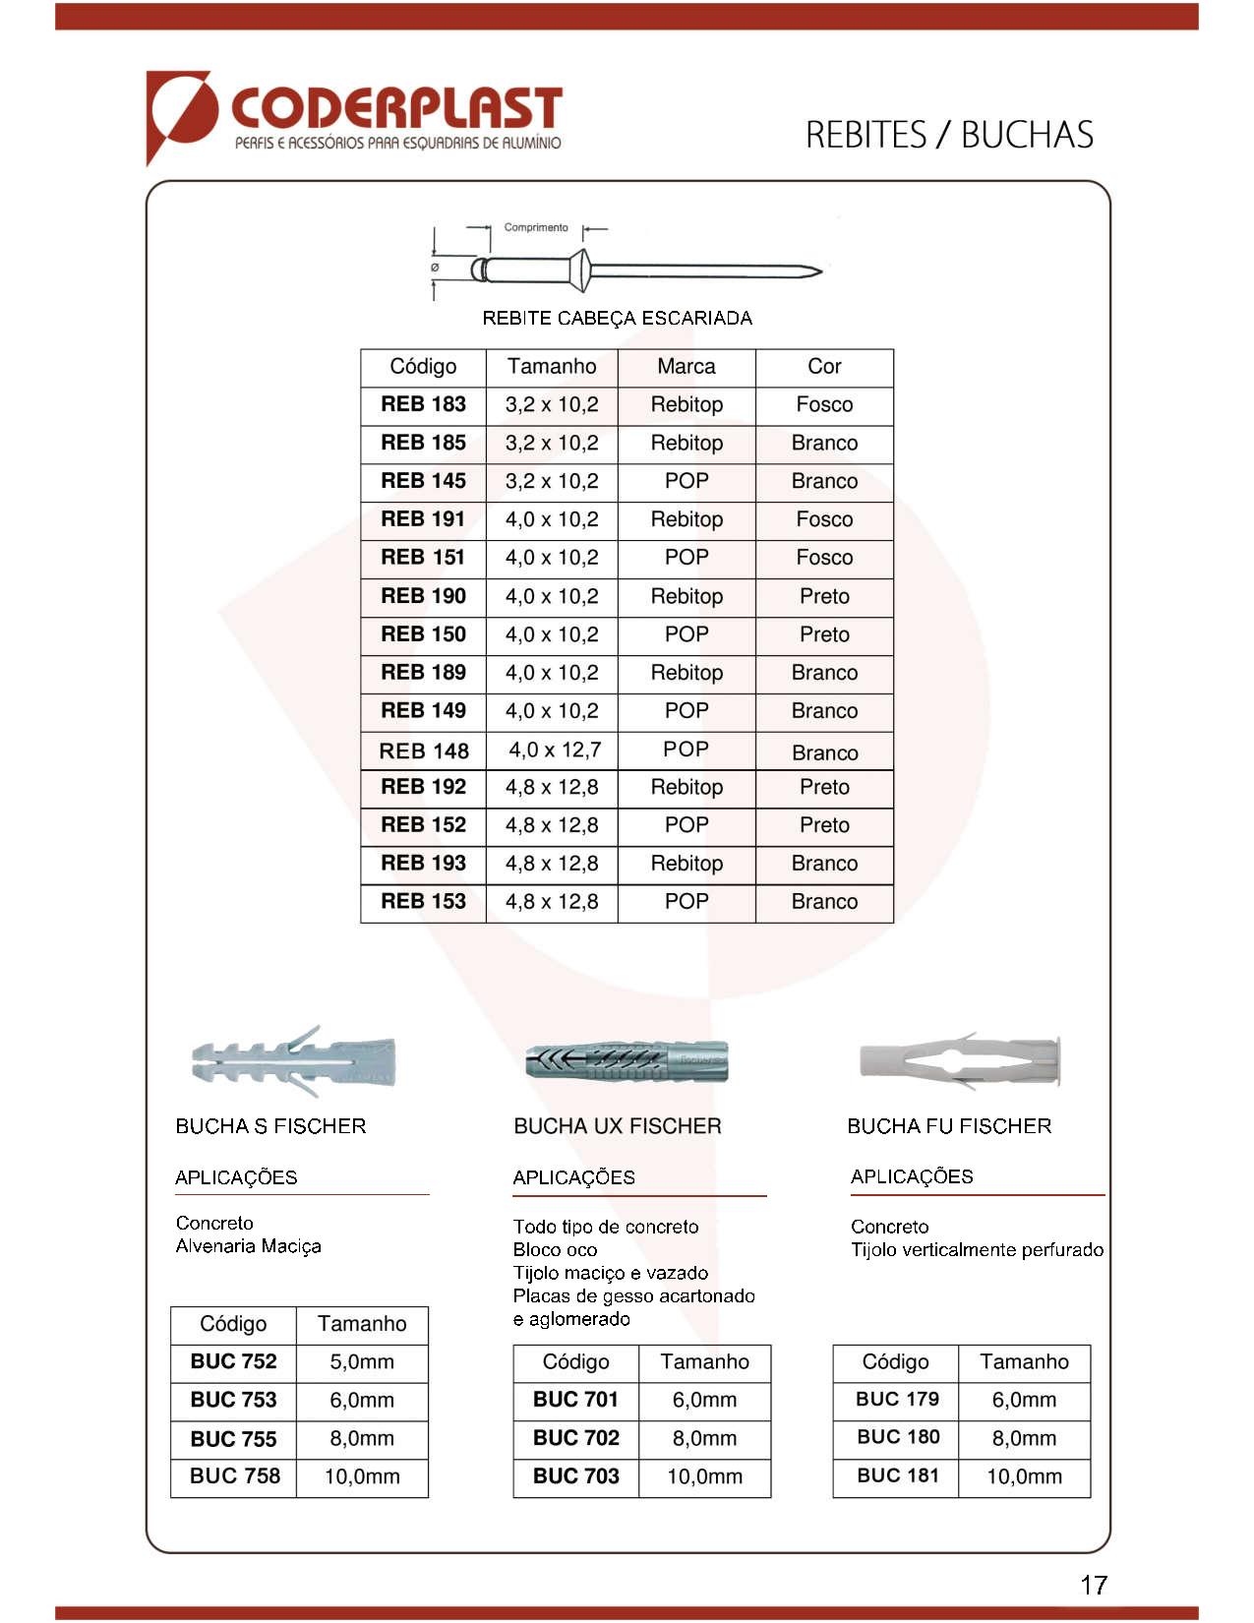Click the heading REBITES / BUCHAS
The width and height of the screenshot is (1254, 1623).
[949, 135]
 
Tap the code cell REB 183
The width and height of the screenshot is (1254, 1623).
[423, 404]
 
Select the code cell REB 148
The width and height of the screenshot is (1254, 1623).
[424, 751]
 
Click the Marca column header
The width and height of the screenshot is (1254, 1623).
[687, 367]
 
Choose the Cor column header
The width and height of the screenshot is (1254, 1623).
[824, 367]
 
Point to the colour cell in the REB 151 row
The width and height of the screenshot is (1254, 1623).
[824, 558]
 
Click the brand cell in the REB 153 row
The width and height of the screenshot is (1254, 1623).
[687, 902]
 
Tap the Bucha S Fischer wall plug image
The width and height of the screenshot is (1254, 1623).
[293, 1061]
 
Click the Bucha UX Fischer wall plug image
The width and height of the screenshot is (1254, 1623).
[627, 1062]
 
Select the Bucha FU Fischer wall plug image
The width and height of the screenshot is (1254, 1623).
[960, 1061]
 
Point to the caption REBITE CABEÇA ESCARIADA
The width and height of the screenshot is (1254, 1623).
[618, 318]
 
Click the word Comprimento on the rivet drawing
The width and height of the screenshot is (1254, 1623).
[536, 227]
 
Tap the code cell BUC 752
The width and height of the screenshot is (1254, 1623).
[233, 1362]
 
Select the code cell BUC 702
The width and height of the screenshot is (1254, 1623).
[576, 1438]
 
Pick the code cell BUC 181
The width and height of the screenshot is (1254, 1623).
[897, 1475]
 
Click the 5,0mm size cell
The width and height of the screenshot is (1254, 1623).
[362, 1362]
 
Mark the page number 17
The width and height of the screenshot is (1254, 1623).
[1094, 1585]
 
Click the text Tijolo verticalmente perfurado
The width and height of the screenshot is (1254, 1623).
[977, 1250]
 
